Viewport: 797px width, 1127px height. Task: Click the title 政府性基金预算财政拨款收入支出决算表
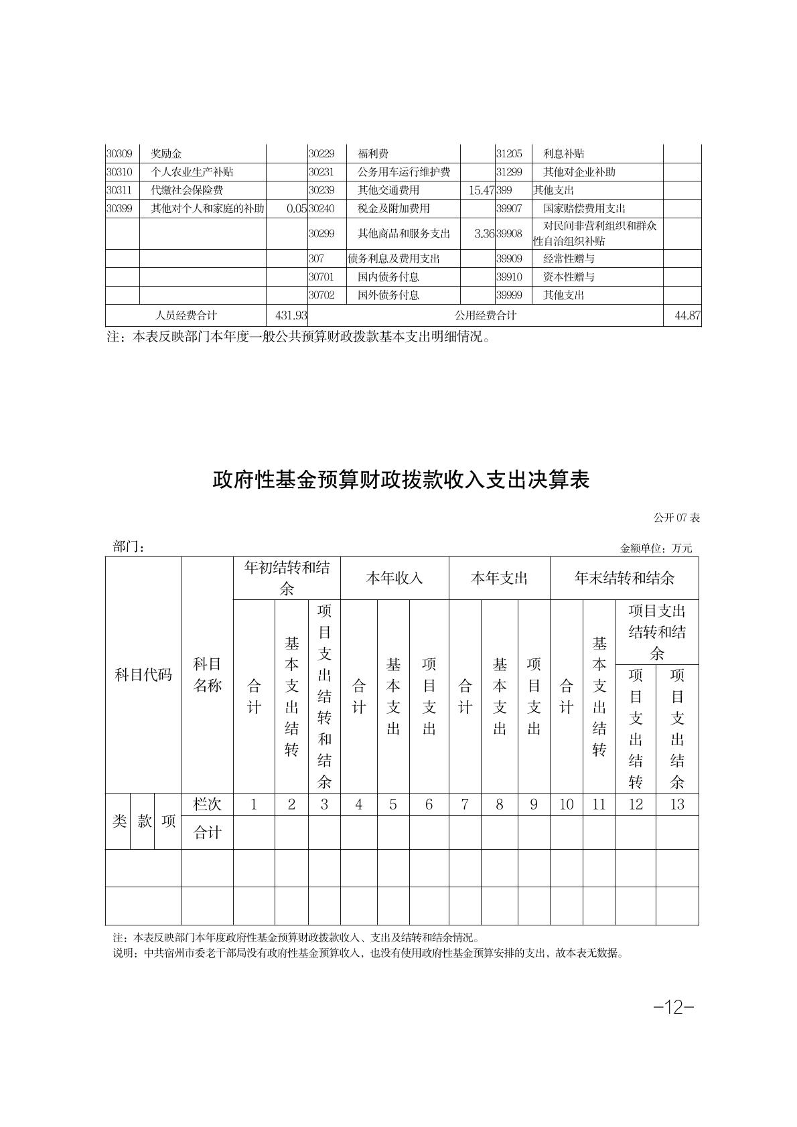pyautogui.click(x=401, y=479)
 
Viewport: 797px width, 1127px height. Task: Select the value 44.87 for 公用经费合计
pyautogui.click(x=687, y=315)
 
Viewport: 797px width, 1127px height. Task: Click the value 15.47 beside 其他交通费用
pyautogui.click(x=481, y=190)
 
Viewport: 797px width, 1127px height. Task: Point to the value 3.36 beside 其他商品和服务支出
pyautogui.click(x=484, y=233)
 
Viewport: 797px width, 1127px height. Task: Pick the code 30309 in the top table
pyautogui.click(x=119, y=153)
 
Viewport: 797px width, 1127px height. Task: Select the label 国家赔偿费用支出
pyautogui.click(x=584, y=208)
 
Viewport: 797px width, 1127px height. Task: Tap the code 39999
pyautogui.click(x=509, y=295)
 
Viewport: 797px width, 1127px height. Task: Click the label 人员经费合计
pyautogui.click(x=186, y=315)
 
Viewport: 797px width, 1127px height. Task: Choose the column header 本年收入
pyautogui.click(x=394, y=578)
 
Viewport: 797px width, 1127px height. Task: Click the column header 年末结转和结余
pyautogui.click(x=624, y=578)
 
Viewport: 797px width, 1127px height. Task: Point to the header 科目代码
pyautogui.click(x=143, y=675)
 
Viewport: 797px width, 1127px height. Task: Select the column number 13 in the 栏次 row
pyautogui.click(x=676, y=804)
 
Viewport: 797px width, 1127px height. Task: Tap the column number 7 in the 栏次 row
pyautogui.click(x=465, y=804)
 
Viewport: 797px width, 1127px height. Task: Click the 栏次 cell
pyautogui.click(x=207, y=804)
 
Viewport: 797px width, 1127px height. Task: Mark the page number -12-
pyautogui.click(x=674, y=1007)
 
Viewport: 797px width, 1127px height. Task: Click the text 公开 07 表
pyautogui.click(x=676, y=518)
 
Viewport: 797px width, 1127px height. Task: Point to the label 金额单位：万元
pyautogui.click(x=656, y=548)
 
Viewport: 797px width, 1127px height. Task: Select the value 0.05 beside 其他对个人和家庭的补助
pyautogui.click(x=296, y=208)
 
